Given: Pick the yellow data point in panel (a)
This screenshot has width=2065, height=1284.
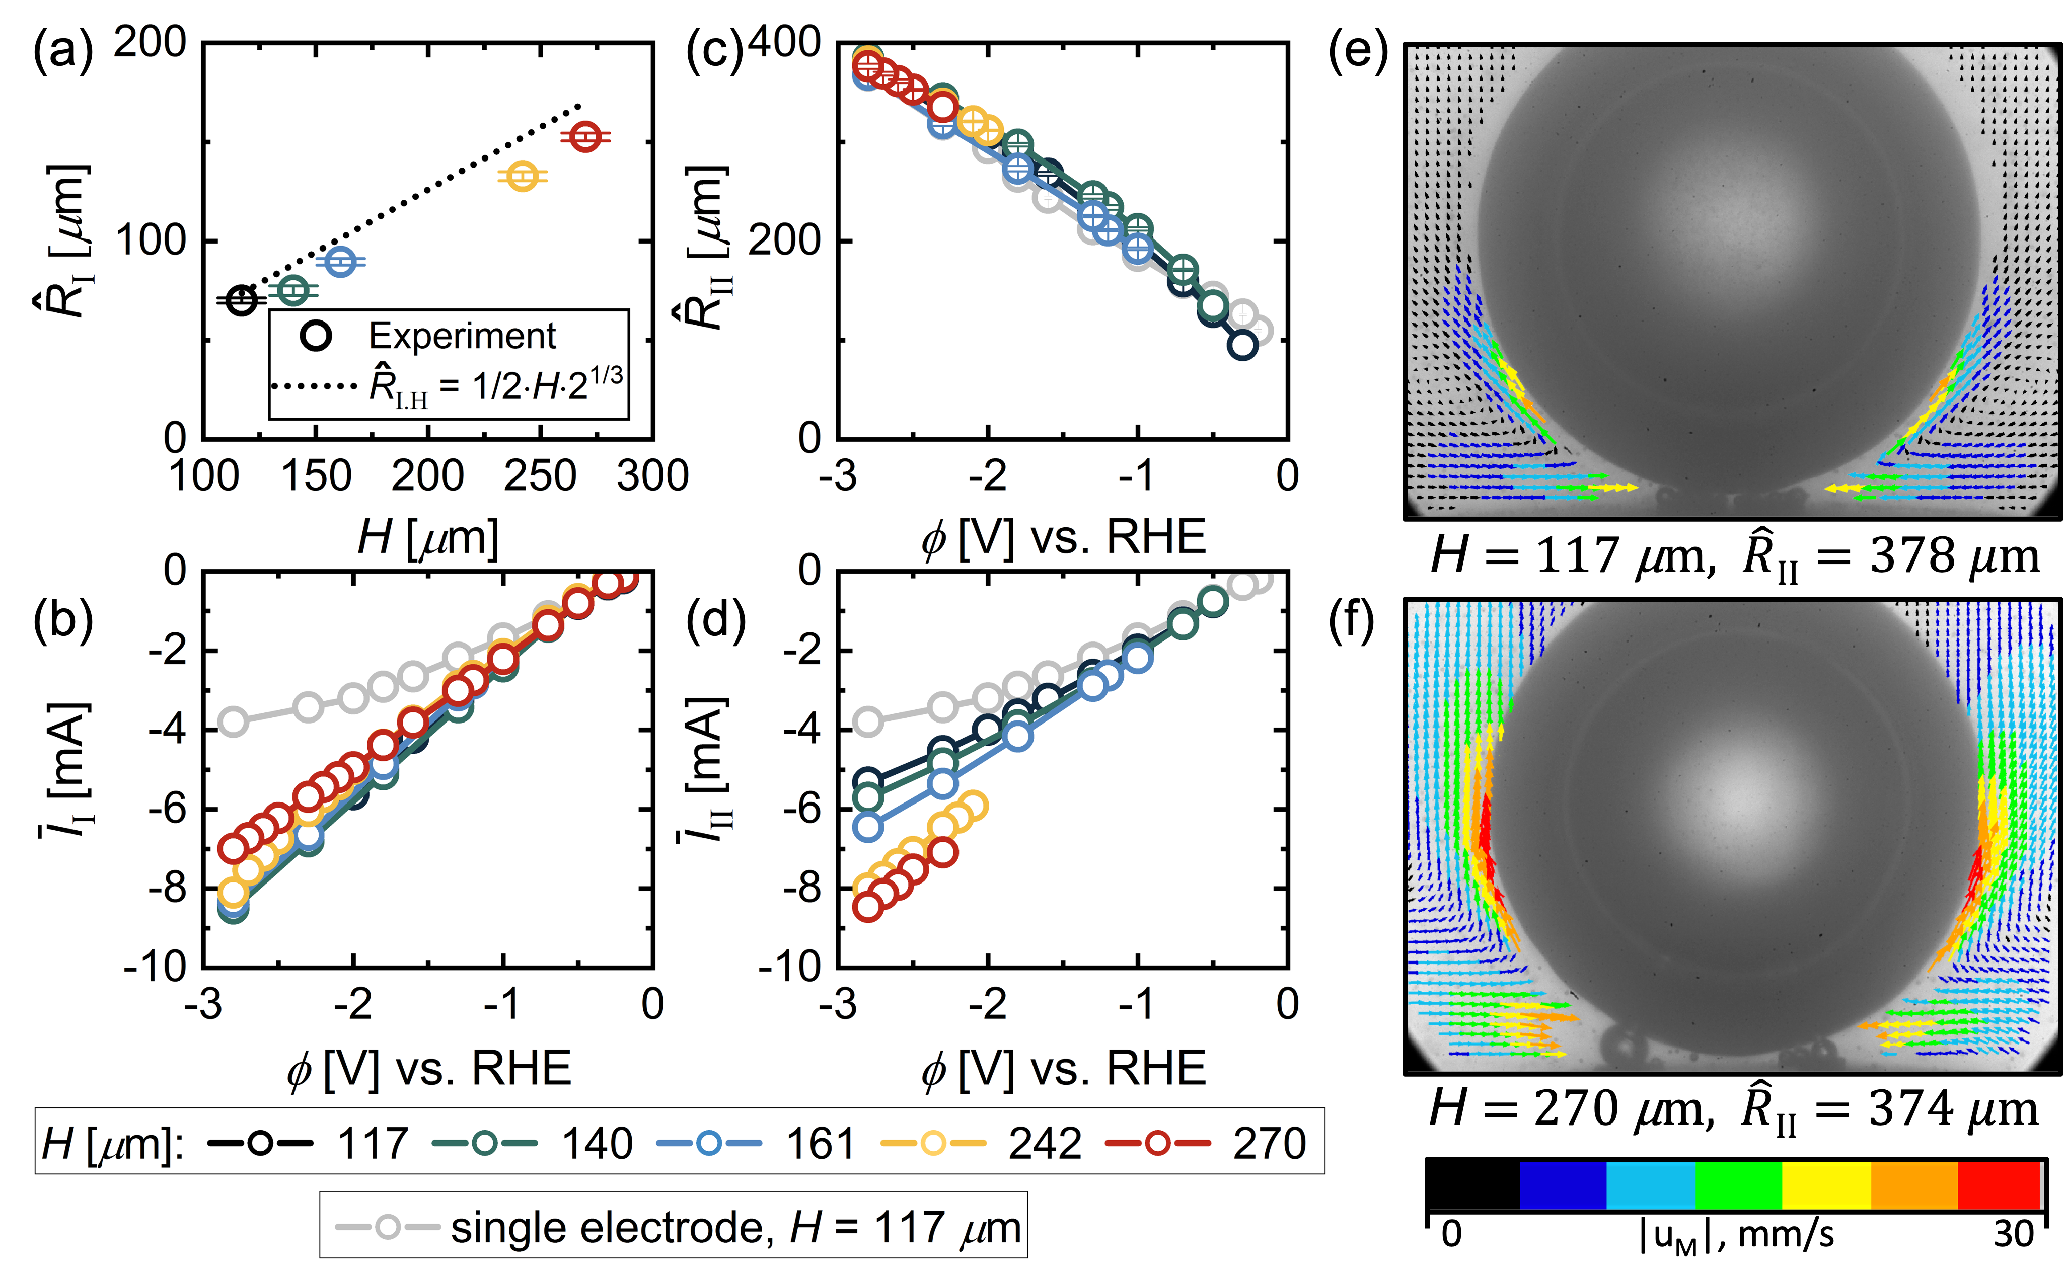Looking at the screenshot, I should tap(523, 176).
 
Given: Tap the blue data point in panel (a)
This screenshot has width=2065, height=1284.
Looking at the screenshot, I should tap(341, 262).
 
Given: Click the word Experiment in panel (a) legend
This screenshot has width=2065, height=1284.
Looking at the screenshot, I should tap(462, 336).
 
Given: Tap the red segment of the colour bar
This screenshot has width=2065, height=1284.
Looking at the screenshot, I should tap(1998, 1185).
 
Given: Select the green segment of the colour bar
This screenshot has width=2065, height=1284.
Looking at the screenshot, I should tap(1738, 1185).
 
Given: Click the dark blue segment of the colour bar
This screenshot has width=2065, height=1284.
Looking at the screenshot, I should tap(1563, 1185).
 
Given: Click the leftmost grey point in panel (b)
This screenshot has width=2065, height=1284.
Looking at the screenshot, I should tap(233, 723).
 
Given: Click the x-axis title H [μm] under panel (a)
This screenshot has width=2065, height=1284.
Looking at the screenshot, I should tap(427, 537).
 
